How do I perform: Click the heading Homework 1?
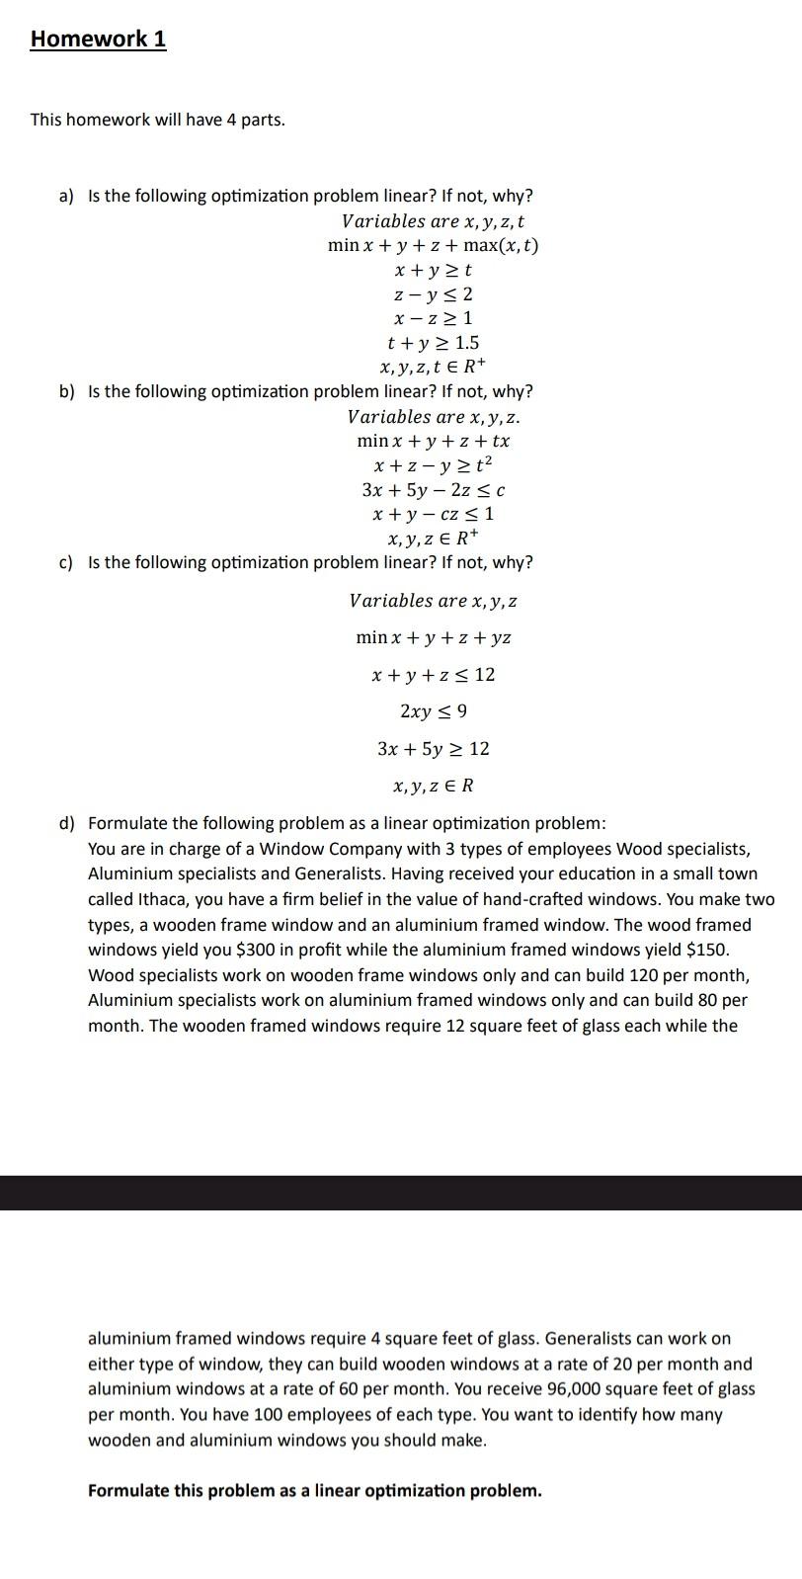click(98, 40)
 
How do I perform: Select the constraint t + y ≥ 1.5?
click(433, 343)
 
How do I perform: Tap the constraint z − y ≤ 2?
click(433, 294)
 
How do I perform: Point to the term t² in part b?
click(481, 464)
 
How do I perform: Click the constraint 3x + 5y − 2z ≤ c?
click(433, 490)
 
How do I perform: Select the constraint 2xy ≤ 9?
click(433, 711)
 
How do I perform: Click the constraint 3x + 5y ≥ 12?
click(433, 749)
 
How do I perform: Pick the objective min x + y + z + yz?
click(433, 637)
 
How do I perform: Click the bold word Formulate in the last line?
click(128, 1491)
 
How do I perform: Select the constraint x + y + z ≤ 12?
click(433, 675)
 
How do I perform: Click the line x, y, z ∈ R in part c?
click(433, 787)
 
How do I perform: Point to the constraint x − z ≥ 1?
click(433, 319)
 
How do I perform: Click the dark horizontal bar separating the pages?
click(401, 1193)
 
